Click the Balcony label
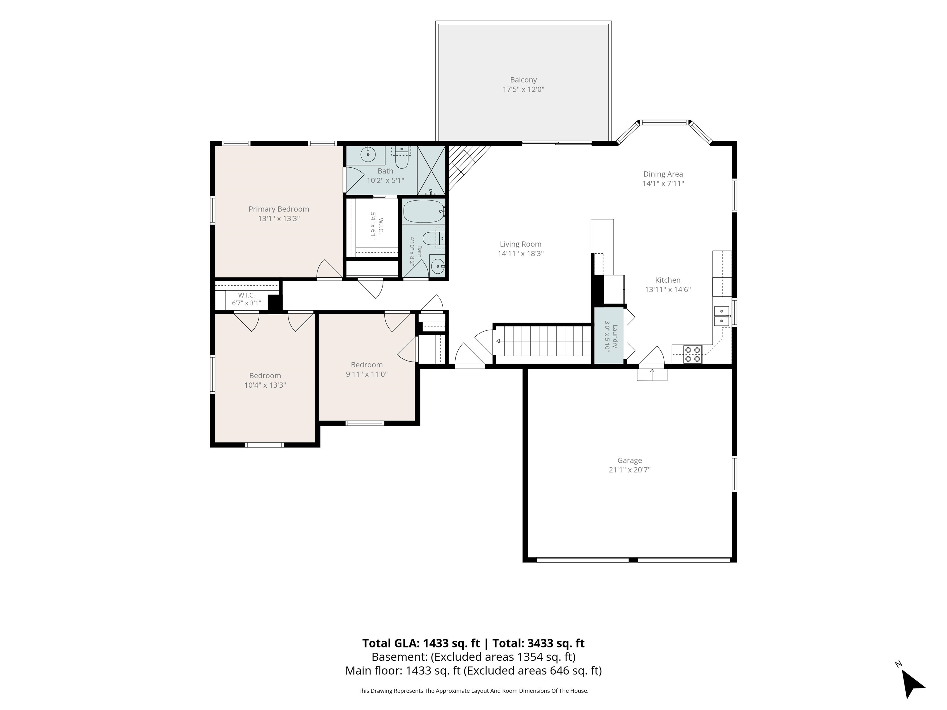tap(523, 80)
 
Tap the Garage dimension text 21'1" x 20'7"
tap(629, 470)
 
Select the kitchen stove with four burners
tap(692, 354)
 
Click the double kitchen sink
tap(721, 316)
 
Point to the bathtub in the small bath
tap(424, 211)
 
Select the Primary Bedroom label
tap(279, 209)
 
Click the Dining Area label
tap(663, 174)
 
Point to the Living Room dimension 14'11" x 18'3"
tap(521, 253)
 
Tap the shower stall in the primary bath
tap(432, 170)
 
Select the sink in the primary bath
tap(368, 154)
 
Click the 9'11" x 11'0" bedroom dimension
tap(367, 374)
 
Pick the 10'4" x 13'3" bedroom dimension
tap(265, 385)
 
